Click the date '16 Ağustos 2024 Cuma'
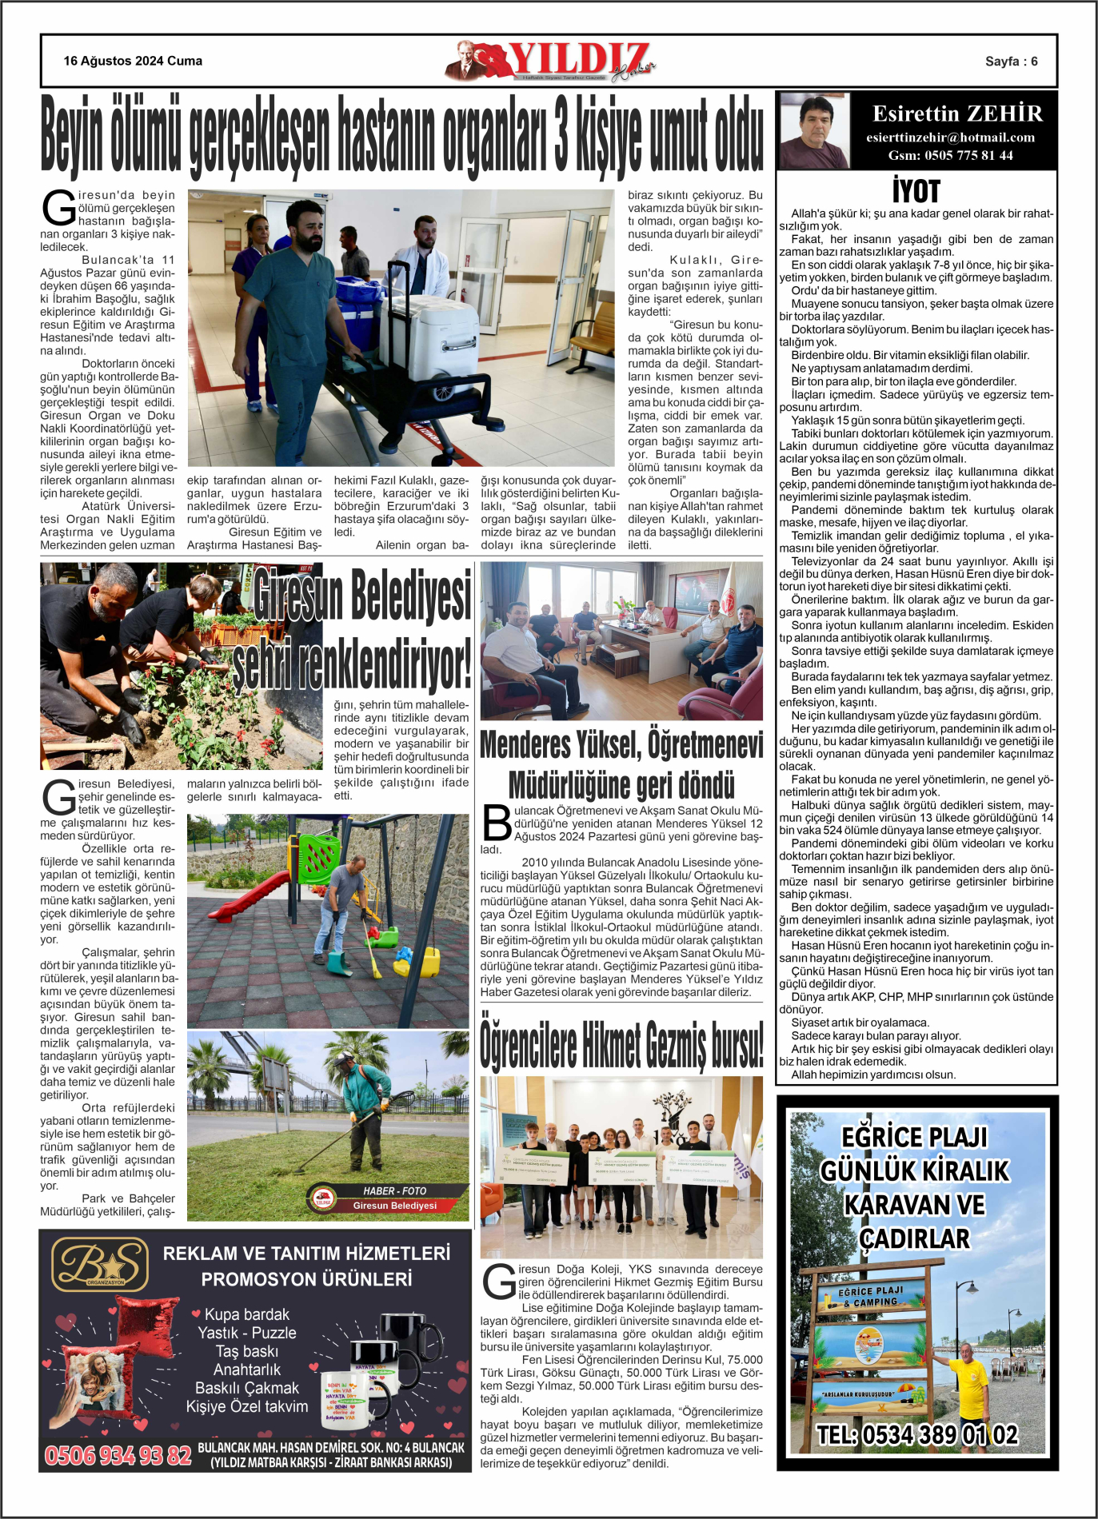tap(133, 61)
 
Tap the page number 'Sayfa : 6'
tap(1011, 62)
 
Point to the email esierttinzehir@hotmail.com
tap(950, 138)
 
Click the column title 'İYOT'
tap(916, 192)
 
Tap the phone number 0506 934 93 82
tap(118, 1455)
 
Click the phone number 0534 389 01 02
tap(917, 1435)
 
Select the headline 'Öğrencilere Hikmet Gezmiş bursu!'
tap(621, 1046)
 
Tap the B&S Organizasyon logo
tap(101, 1265)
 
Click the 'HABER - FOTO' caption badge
tap(394, 1190)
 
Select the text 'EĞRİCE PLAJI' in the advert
tap(914, 1137)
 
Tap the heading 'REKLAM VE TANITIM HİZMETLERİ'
tap(306, 1253)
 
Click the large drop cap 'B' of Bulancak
tap(497, 823)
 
